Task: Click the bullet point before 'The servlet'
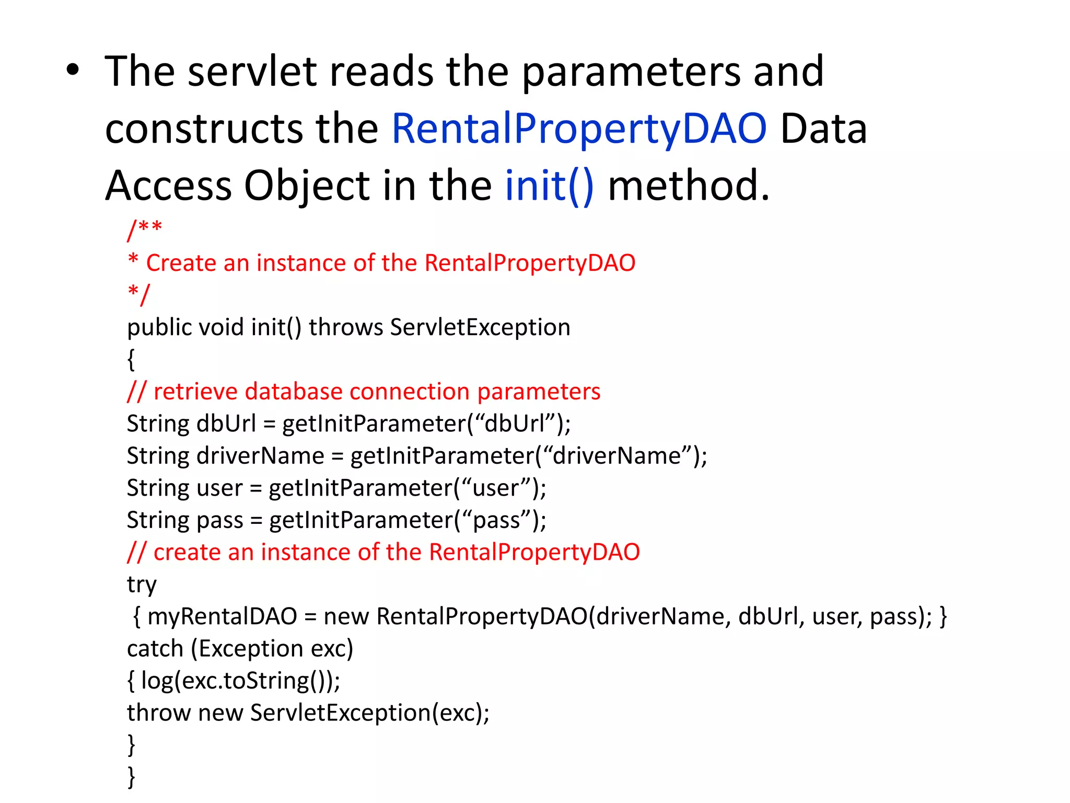pos(73,72)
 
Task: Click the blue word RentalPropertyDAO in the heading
pos(579,129)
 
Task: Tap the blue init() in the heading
pos(549,186)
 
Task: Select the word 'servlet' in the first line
pos(252,72)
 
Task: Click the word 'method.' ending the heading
pos(689,186)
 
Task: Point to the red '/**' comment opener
pos(145,230)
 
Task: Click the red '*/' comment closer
pos(139,294)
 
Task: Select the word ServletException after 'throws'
pos(480,327)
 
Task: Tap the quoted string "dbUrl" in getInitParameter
pos(514,423)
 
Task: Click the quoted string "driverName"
pos(617,456)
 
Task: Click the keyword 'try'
pos(142,584)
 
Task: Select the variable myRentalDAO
pos(222,616)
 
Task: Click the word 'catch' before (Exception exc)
pos(155,649)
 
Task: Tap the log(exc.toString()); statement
pos(240,681)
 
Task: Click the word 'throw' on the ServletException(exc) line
pos(159,713)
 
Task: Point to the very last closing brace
pos(132,777)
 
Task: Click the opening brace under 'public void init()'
pos(131,360)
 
